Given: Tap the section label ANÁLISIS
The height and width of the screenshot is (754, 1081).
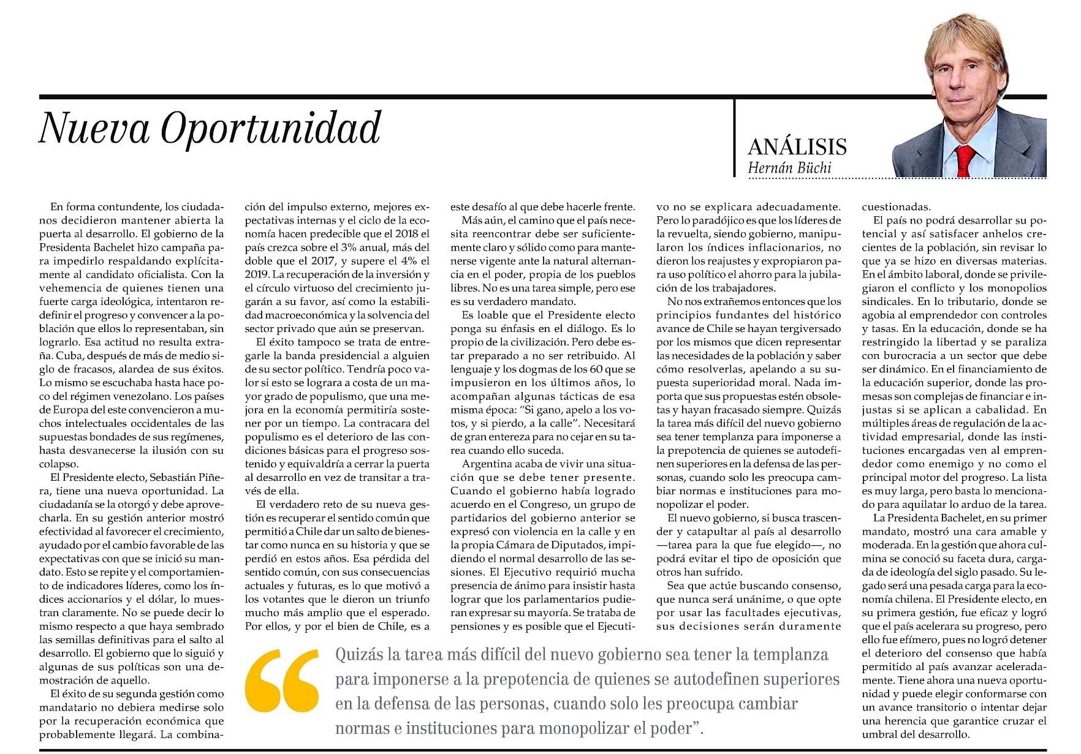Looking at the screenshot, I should (x=797, y=147).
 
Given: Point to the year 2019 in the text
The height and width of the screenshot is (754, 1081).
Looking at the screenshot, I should (x=258, y=274).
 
